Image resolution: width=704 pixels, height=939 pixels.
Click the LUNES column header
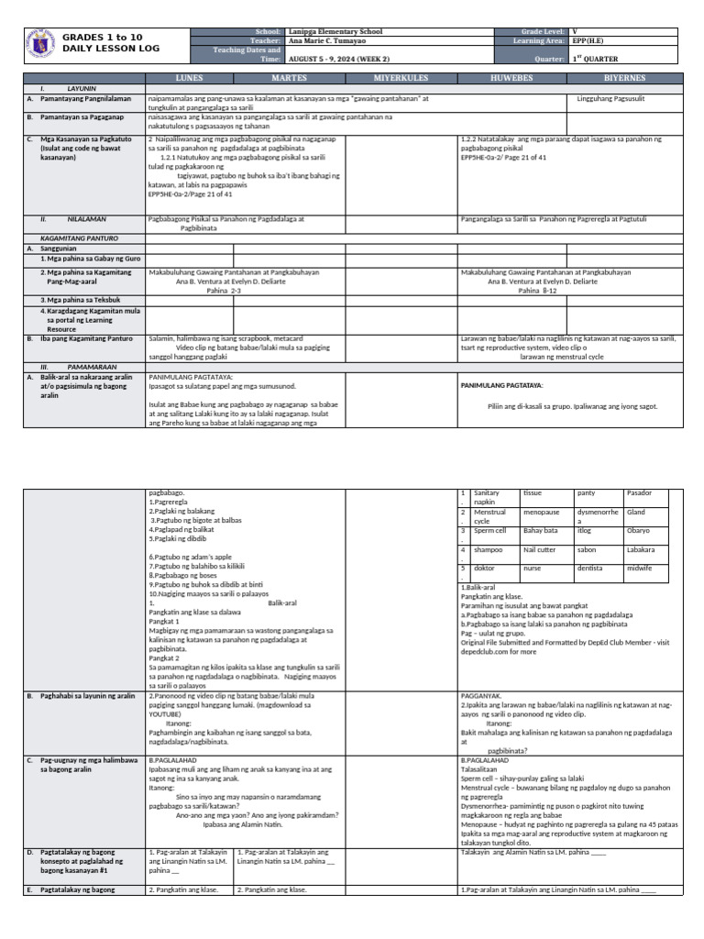(189, 79)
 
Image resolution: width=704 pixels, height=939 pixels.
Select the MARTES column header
(289, 79)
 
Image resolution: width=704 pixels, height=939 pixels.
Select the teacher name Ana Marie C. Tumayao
(324, 40)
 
